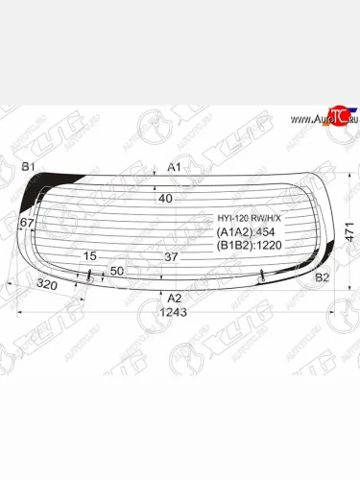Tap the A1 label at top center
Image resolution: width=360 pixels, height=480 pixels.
point(175,167)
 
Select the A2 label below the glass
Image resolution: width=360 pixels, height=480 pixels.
point(175,299)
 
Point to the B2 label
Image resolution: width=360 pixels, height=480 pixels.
point(324,277)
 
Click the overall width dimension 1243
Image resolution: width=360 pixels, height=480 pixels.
point(173,313)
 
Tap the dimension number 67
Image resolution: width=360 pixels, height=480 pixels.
point(26,223)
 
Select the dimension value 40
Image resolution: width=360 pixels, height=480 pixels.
point(165,199)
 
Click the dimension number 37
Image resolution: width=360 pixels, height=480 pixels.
point(171,256)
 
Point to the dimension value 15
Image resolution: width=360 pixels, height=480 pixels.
point(90,256)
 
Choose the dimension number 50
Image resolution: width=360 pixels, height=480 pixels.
point(117,272)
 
